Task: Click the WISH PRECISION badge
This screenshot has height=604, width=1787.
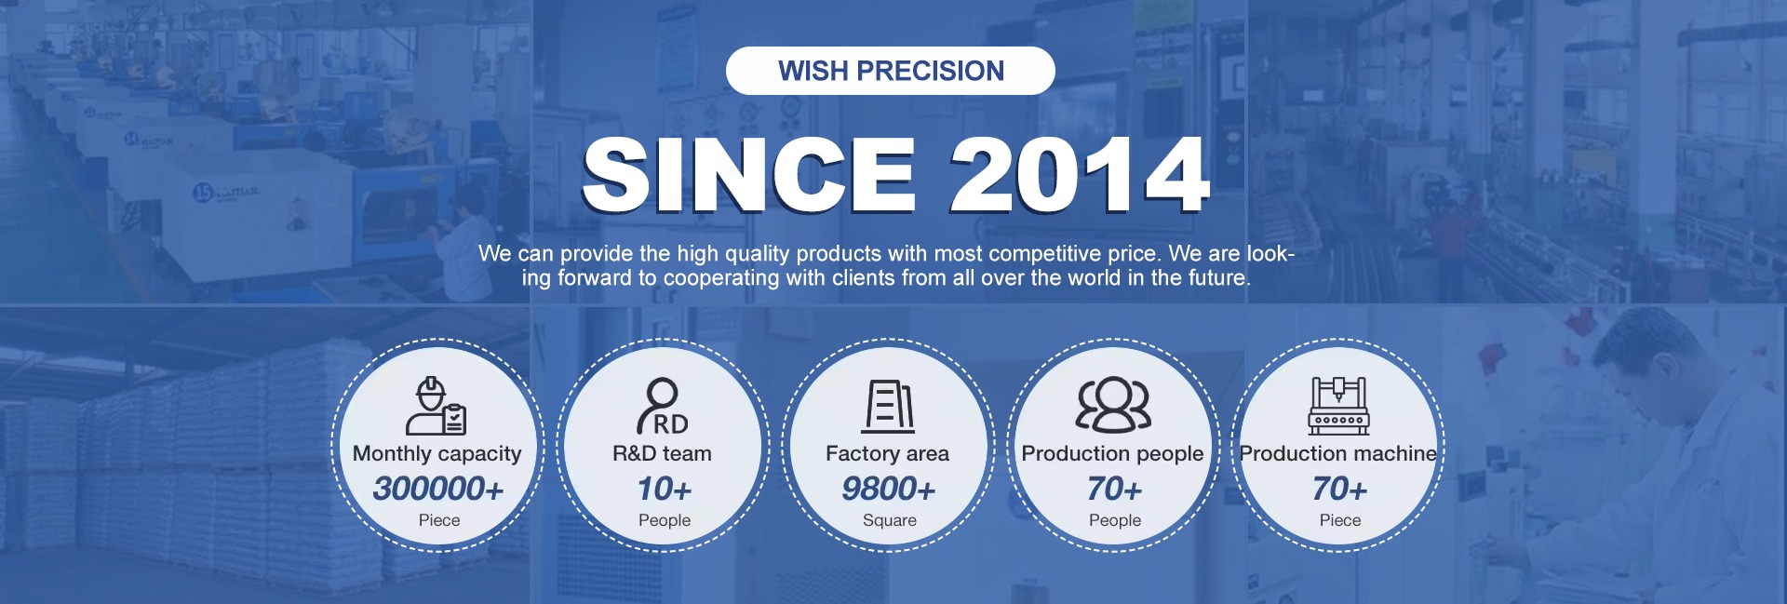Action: (891, 71)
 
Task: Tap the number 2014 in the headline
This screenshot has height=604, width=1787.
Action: (1080, 175)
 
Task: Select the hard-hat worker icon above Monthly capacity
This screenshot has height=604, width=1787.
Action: (437, 406)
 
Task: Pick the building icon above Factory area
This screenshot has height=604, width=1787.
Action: (888, 406)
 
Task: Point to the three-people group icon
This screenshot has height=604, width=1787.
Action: (1113, 405)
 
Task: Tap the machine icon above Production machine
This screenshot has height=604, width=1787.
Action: (1338, 406)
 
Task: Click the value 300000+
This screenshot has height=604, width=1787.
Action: (438, 489)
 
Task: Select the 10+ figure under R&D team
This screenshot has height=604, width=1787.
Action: (665, 489)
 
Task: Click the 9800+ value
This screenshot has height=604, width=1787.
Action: (889, 489)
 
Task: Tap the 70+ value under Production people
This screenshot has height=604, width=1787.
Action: (1114, 489)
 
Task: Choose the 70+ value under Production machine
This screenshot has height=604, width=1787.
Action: (1339, 489)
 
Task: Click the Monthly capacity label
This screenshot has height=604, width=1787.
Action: (437, 454)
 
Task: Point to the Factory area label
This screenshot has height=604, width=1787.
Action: (888, 454)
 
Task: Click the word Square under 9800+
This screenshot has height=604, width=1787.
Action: (890, 520)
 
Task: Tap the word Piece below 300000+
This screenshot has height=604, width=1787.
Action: (439, 520)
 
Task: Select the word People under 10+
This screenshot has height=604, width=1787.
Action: (665, 520)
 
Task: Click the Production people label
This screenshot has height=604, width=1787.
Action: (1113, 454)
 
